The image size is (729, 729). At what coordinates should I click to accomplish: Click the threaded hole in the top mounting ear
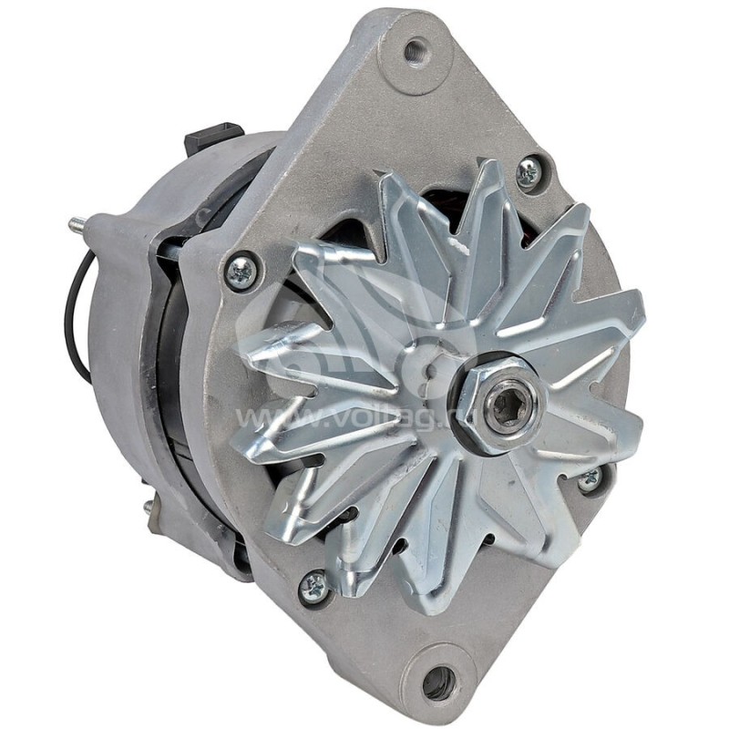416,51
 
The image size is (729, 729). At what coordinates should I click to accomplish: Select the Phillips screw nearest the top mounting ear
529,172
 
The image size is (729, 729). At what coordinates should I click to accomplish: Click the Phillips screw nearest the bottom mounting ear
314,587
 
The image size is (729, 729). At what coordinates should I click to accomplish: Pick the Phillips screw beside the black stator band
241,272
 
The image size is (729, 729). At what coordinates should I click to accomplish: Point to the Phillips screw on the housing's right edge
590,479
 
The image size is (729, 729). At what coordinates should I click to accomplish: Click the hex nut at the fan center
500,404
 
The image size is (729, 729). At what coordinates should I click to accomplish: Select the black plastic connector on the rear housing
211,138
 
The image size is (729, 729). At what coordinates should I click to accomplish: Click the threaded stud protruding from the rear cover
78,223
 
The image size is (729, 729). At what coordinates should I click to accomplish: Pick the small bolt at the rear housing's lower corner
149,507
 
